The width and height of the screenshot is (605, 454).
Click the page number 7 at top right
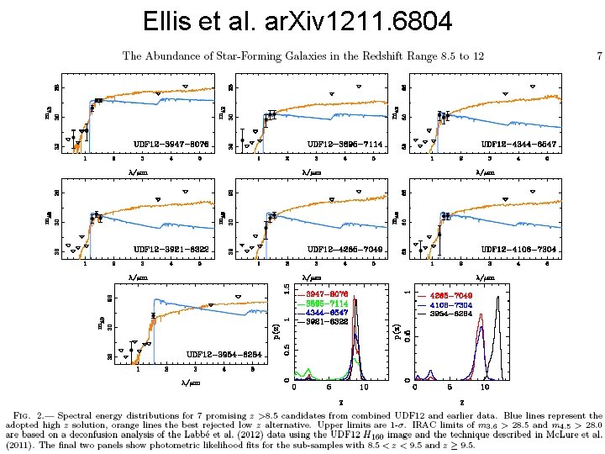click(599, 56)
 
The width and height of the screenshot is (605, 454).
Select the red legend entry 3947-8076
click(327, 293)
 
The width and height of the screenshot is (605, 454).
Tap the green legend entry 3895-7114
click(327, 303)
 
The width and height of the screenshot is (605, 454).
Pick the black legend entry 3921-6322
click(327, 321)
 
